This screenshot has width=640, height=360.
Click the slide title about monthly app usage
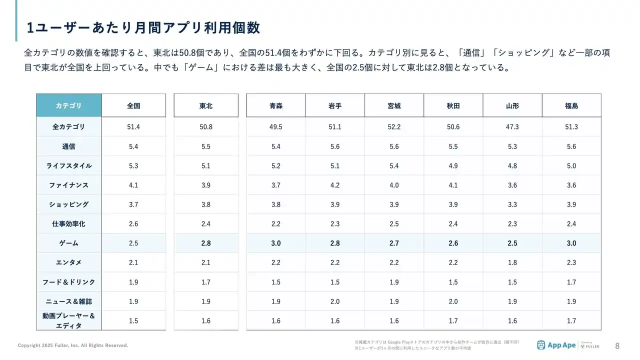[143, 27]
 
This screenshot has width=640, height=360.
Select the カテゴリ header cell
[68, 105]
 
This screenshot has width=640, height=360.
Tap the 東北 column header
[205, 105]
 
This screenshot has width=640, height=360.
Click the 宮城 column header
[394, 105]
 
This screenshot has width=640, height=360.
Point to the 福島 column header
[571, 105]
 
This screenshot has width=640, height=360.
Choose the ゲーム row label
[68, 243]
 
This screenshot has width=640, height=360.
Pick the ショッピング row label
[68, 204]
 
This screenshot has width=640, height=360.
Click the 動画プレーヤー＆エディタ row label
[68, 320]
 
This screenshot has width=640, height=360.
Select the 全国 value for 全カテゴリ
[133, 127]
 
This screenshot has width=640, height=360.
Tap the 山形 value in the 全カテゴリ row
[512, 127]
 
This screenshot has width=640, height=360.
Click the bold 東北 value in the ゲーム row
[205, 243]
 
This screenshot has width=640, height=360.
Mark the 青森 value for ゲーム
[275, 243]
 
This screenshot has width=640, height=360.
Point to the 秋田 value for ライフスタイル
[453, 165]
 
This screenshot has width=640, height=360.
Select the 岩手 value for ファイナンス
[335, 185]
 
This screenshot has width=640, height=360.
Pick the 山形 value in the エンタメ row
[512, 262]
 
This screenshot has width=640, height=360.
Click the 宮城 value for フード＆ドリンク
[394, 282]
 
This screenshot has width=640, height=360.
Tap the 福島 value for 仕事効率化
[571, 224]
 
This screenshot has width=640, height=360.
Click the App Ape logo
[555, 345]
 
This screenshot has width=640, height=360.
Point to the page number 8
[617, 345]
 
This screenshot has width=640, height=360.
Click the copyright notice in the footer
[73, 345]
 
